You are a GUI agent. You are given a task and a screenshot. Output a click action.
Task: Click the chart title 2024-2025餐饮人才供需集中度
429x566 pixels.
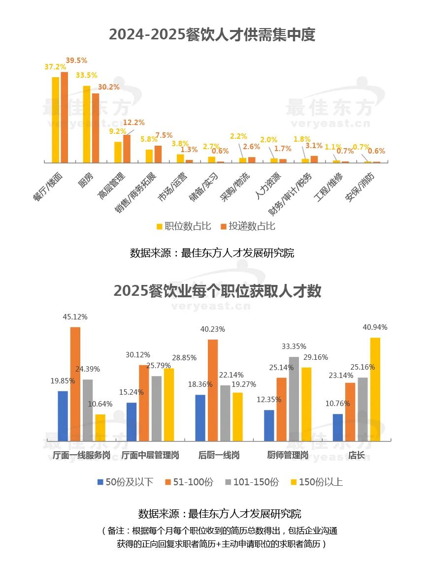212,34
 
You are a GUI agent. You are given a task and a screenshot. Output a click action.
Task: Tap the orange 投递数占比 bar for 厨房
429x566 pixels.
96,128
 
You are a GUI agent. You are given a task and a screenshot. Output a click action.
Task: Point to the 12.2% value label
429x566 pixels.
133,123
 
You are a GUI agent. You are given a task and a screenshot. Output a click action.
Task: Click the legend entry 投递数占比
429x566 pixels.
248,226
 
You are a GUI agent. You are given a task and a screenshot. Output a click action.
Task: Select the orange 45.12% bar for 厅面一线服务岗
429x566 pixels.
75,384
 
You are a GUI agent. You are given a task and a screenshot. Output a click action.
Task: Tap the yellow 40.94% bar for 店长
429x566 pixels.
375,389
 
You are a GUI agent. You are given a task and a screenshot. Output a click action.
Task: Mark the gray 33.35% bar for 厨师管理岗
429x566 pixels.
294,399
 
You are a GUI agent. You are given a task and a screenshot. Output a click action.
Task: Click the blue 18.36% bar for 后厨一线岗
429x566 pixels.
200,417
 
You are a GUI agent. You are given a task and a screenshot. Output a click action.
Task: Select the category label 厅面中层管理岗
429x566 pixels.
150,456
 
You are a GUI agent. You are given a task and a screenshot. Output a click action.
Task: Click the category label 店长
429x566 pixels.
357,456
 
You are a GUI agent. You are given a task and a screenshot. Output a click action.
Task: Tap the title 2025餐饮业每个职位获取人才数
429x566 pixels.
217,291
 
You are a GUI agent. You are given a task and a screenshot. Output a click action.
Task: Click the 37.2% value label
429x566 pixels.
55,67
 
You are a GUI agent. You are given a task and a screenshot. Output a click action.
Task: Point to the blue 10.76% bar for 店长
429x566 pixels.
338,427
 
